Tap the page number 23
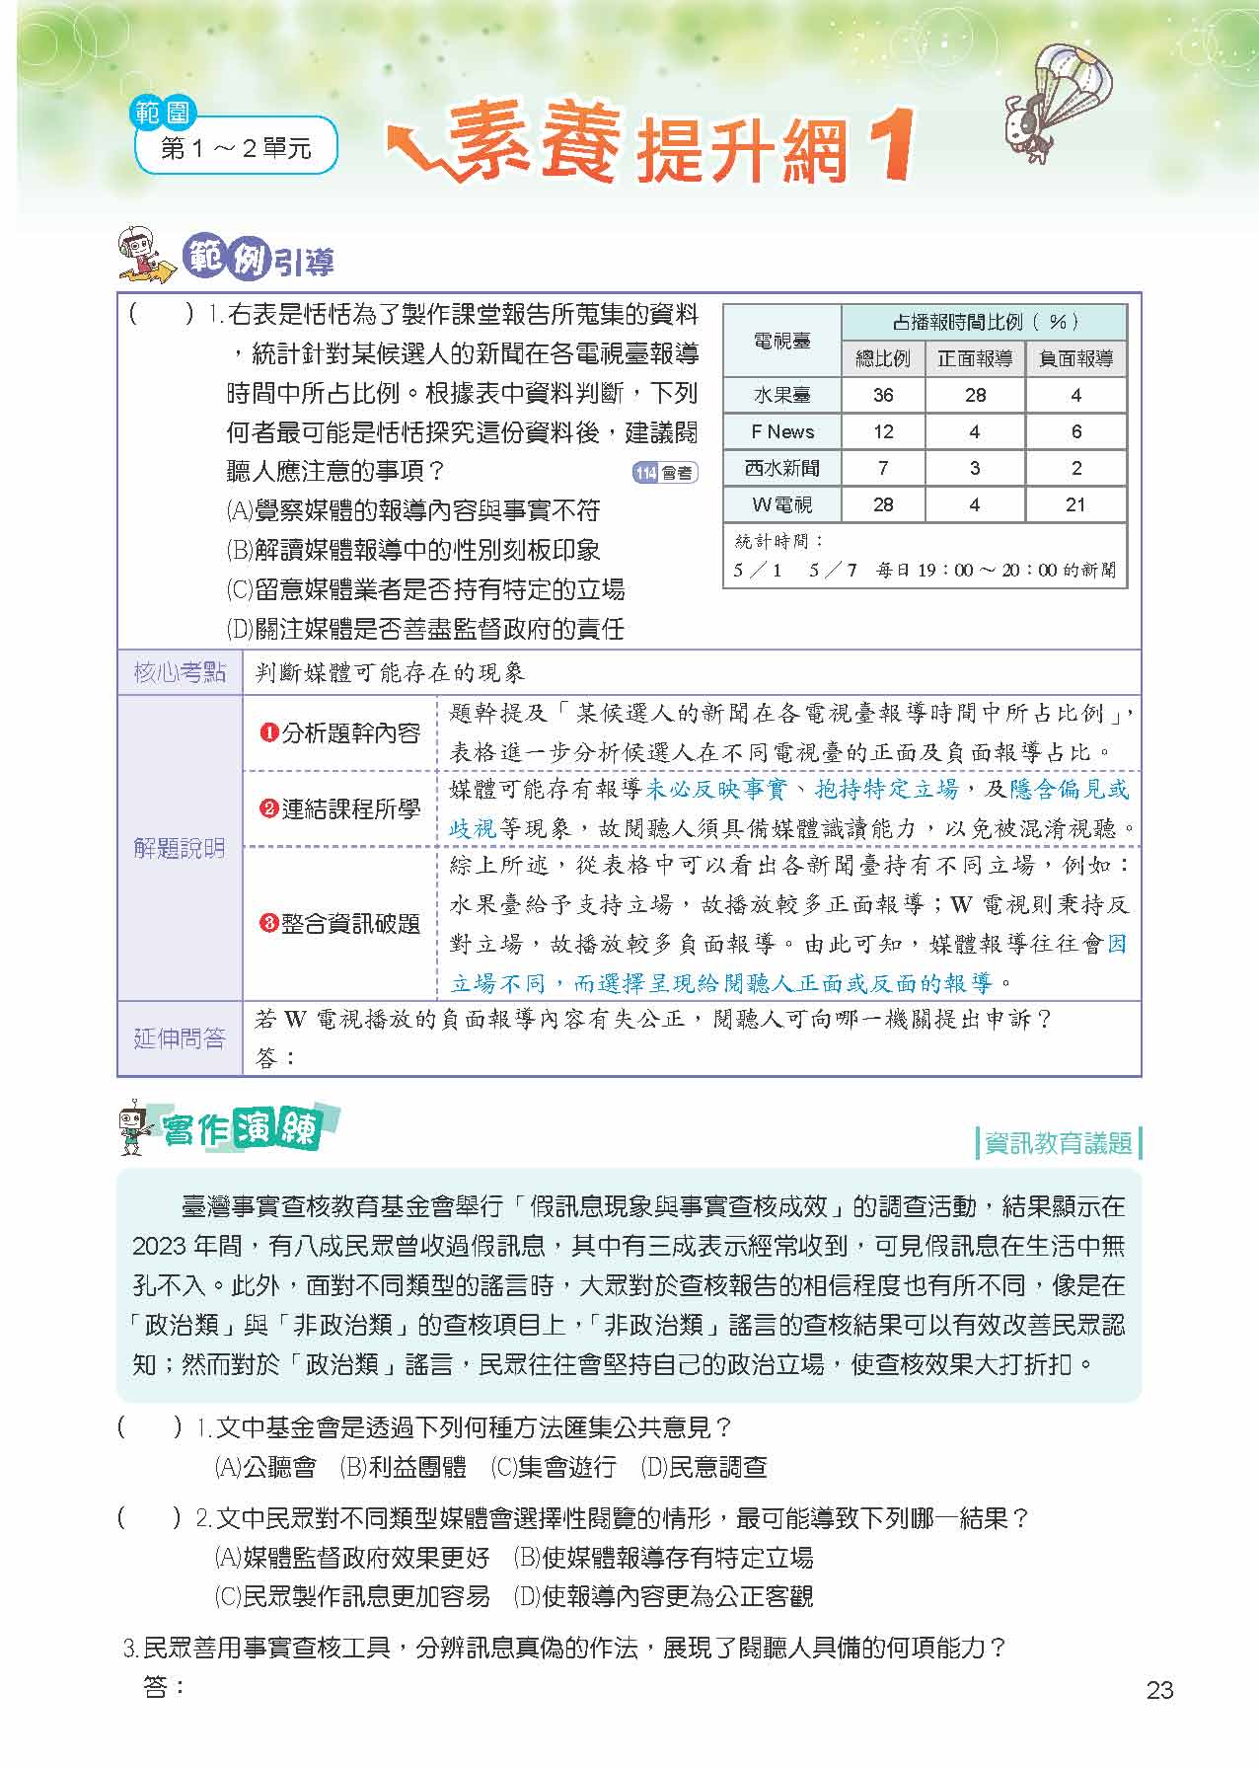(x=1159, y=1690)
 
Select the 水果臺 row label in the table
(x=781, y=395)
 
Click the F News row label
(x=781, y=431)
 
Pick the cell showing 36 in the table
(x=882, y=395)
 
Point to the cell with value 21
(x=1075, y=504)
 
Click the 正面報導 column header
(x=975, y=358)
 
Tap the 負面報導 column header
(x=1075, y=358)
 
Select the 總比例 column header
(x=882, y=358)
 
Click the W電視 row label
(x=781, y=504)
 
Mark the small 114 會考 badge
(x=664, y=473)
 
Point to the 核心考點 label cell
(x=180, y=673)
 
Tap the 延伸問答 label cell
(x=180, y=1038)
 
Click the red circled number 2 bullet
(x=267, y=809)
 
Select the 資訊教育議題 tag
(x=1057, y=1142)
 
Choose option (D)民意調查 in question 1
(x=704, y=1467)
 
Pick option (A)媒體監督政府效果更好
(x=352, y=1558)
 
